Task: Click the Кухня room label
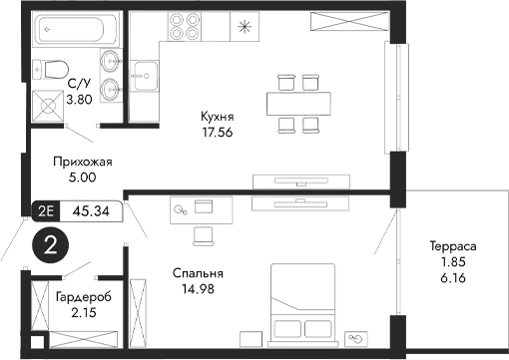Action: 218,116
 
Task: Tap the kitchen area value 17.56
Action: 218,132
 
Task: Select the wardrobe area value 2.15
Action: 83,314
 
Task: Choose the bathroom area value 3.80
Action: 80,100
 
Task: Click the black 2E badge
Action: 44,210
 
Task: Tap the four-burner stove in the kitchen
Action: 185,25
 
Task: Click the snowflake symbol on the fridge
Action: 245,26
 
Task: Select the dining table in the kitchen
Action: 285,101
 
